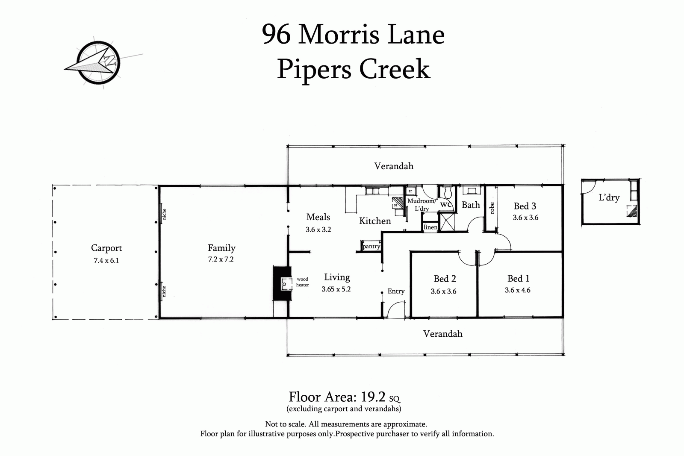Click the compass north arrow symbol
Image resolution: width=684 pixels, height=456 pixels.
tap(99, 62)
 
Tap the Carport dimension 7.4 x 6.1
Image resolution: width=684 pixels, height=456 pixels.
tap(106, 260)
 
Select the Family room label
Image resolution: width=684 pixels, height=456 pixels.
tap(221, 248)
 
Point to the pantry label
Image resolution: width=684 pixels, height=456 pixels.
tap(371, 247)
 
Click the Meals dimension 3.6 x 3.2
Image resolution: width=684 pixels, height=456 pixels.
tap(318, 229)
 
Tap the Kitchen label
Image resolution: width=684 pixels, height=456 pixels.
tap(375, 221)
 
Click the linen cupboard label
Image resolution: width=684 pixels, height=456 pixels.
tap(430, 227)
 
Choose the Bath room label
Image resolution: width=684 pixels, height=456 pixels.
tap(471, 205)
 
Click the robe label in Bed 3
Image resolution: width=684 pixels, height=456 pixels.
tap(492, 208)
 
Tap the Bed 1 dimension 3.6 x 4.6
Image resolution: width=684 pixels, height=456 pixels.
tap(517, 290)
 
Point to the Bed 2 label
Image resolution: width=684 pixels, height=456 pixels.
tap(445, 279)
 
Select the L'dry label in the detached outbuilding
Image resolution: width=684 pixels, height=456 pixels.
tap(609, 198)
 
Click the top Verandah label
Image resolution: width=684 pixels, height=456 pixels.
tap(394, 166)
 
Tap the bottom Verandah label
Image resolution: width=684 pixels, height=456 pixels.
tap(442, 334)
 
